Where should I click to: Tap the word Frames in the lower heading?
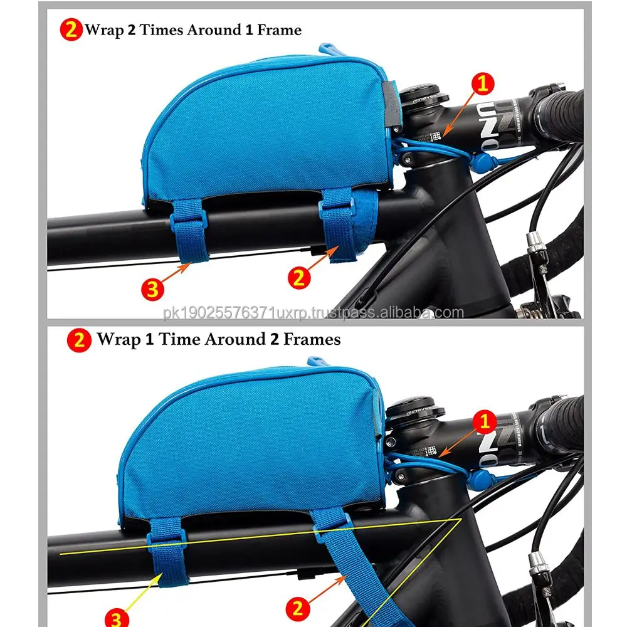click(x=312, y=339)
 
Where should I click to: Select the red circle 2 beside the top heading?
click(x=71, y=29)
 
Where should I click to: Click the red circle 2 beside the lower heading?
click(x=80, y=340)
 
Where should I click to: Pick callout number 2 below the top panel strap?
click(x=300, y=277)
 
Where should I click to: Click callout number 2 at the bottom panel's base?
click(x=300, y=607)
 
